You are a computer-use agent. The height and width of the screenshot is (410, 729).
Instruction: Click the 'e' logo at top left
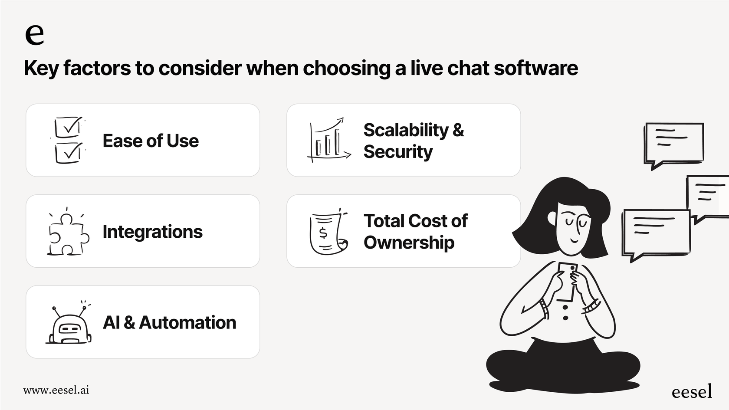click(34, 34)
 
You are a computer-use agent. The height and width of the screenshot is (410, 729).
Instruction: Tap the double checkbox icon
click(68, 140)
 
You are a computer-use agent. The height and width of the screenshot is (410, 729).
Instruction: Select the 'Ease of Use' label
click(151, 141)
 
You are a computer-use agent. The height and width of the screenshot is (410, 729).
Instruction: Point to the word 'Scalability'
click(406, 130)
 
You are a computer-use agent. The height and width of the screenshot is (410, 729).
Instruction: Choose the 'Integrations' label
click(152, 232)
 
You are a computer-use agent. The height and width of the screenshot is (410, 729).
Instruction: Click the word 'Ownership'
click(409, 243)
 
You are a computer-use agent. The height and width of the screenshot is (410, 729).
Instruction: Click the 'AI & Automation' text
click(169, 323)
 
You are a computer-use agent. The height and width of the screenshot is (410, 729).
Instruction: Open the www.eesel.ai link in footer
click(56, 390)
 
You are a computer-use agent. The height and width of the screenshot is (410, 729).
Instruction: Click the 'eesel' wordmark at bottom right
click(692, 392)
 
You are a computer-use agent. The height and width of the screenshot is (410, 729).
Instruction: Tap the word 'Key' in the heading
click(41, 69)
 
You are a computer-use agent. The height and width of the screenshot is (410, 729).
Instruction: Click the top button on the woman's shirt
click(565, 308)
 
